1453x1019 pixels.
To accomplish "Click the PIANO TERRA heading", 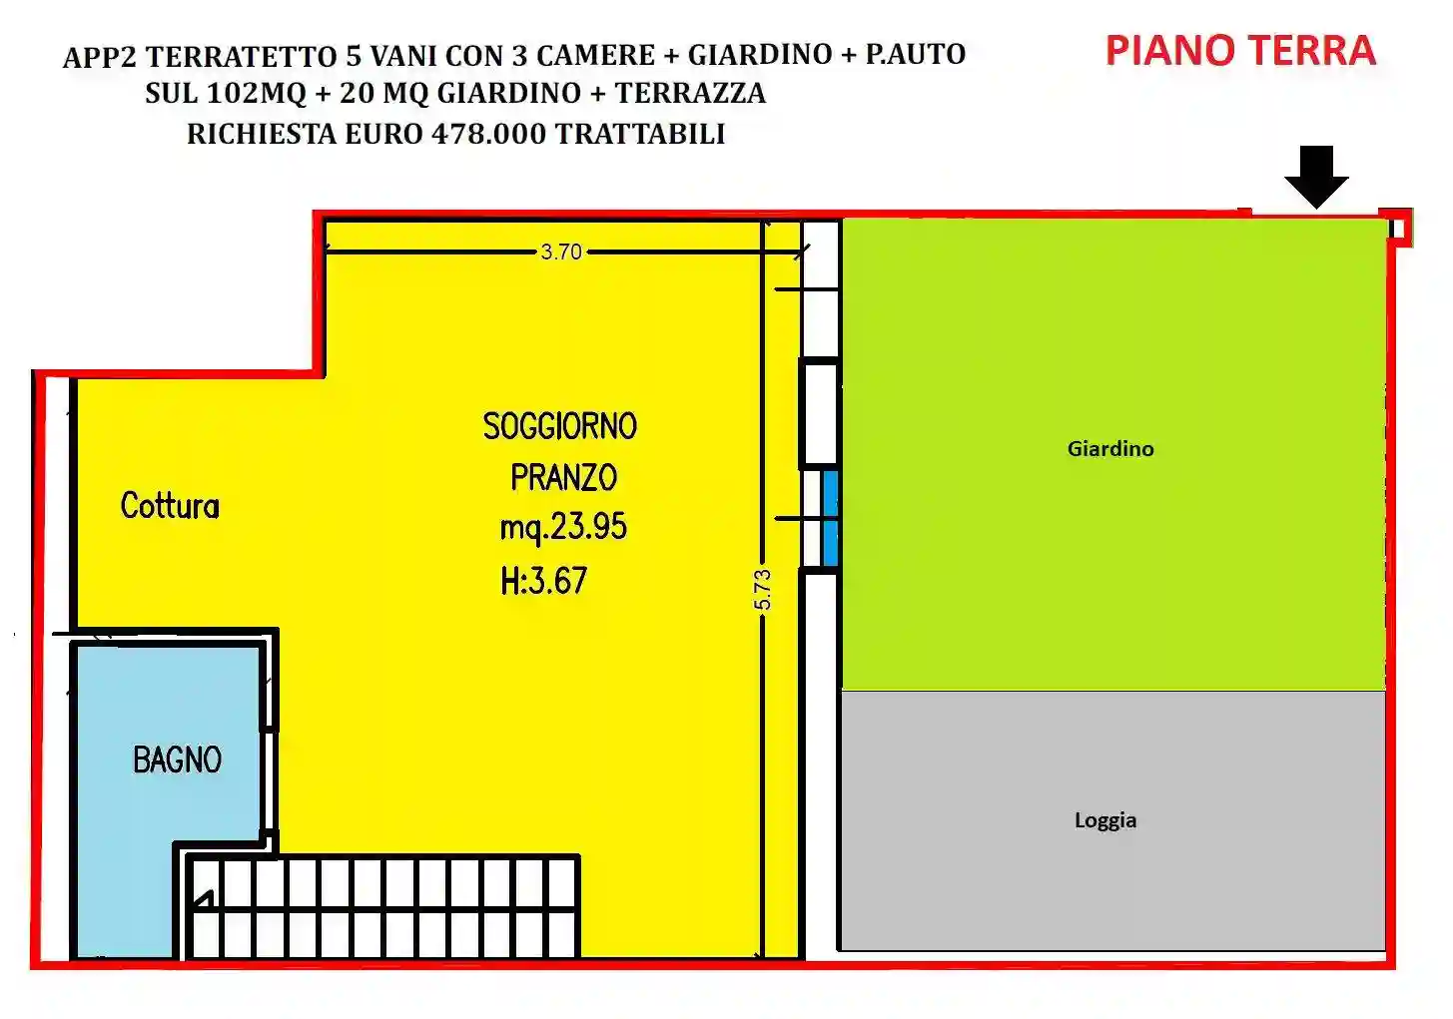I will (x=1240, y=51).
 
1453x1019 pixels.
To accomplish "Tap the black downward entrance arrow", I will (x=1316, y=177).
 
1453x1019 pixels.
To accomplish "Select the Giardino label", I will (x=1110, y=449).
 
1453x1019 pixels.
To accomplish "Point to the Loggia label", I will (x=1105, y=820).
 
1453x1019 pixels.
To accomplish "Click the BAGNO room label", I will (x=177, y=761).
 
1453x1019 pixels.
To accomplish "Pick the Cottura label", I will (x=170, y=506).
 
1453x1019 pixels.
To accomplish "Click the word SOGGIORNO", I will (x=559, y=427).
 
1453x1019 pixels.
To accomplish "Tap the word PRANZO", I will (x=563, y=478).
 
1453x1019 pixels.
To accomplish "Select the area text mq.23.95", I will (x=563, y=527).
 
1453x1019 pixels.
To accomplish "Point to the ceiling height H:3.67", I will (x=544, y=581).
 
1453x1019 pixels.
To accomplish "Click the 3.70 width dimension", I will (x=561, y=252).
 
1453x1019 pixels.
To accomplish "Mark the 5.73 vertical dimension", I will (x=763, y=590).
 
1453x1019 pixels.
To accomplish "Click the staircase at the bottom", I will (x=384, y=907).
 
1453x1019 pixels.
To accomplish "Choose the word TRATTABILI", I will (x=640, y=134).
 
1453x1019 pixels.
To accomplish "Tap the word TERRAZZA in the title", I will (x=690, y=94).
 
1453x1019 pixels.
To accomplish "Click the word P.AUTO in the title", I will (x=915, y=54).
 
